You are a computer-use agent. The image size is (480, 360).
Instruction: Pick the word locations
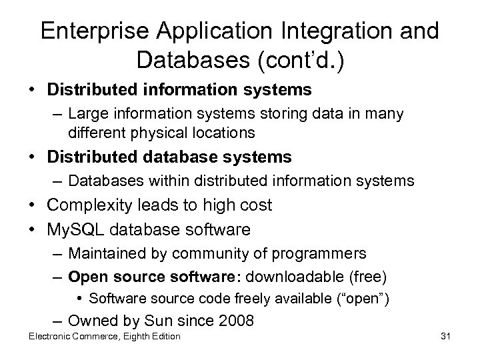(226, 133)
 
